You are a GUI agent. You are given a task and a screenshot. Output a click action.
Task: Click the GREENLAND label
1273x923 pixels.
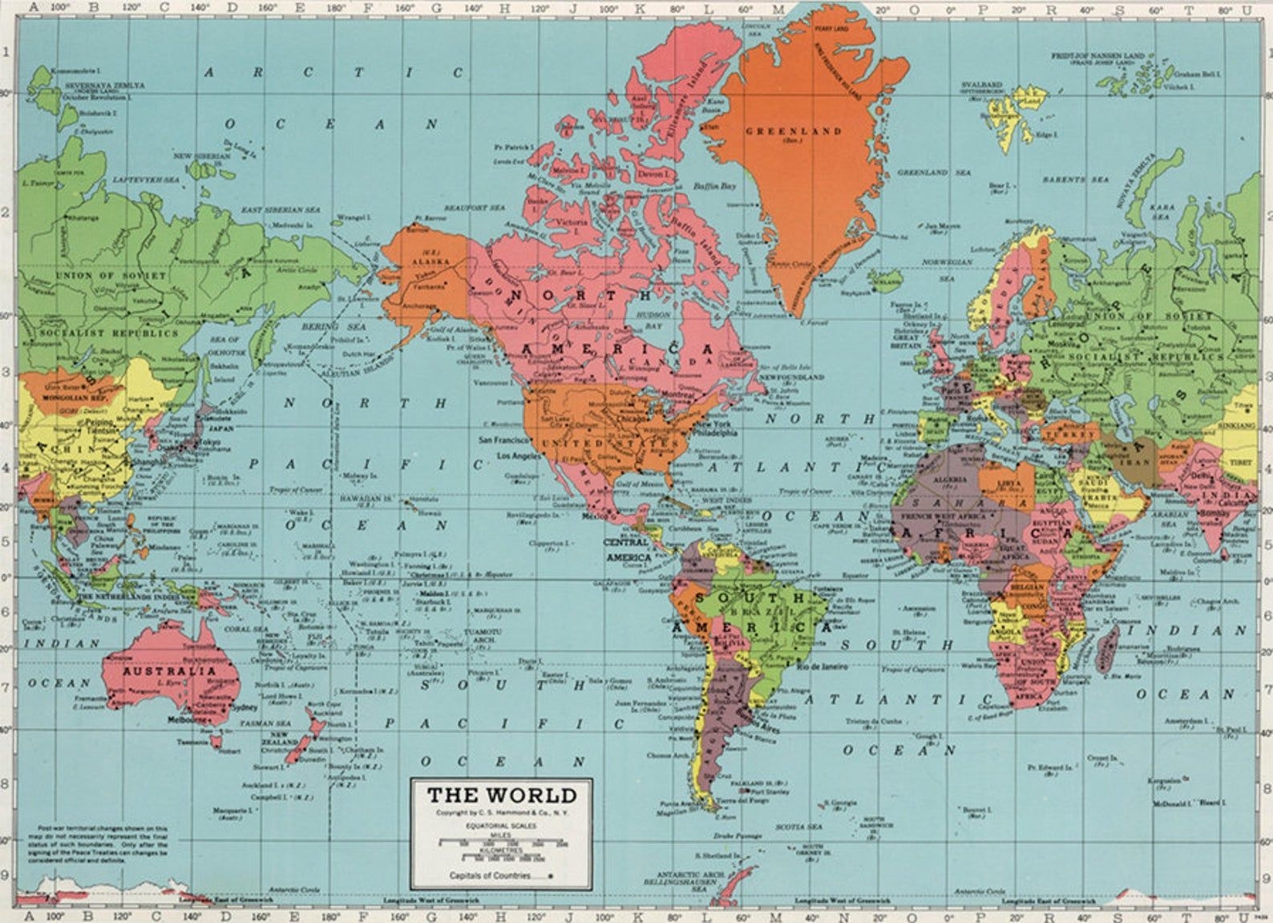pos(794,131)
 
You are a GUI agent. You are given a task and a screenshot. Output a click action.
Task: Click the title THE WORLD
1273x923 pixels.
pos(501,795)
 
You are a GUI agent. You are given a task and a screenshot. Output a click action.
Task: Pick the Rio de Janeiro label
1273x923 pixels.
pos(822,666)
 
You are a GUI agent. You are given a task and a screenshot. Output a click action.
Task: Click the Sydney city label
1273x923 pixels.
pos(243,708)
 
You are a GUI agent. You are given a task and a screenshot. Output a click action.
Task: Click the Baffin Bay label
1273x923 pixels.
pos(714,186)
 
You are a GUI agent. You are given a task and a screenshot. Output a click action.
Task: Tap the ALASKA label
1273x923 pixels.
pos(424,261)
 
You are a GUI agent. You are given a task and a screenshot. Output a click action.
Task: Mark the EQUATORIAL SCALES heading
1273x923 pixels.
pos(501,825)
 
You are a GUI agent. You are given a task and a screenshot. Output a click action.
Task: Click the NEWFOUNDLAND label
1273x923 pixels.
pos(791,376)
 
